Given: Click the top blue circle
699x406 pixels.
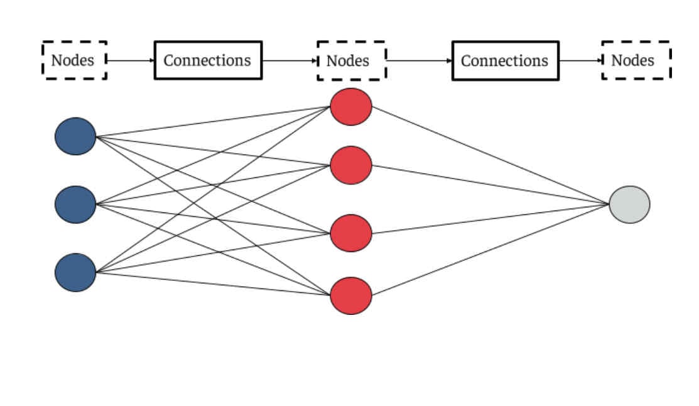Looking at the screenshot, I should [75, 136].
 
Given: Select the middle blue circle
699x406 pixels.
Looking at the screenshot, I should [75, 204].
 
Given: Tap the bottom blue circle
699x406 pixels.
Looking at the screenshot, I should [75, 272].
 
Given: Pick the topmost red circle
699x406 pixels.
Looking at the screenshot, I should [351, 107].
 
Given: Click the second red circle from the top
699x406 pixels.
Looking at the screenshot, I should [351, 165].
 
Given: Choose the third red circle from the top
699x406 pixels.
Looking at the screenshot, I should [351, 233].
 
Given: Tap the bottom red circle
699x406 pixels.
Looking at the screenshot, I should [351, 295].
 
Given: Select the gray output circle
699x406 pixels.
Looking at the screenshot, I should [629, 204].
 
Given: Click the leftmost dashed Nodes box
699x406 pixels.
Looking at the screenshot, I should [74, 60].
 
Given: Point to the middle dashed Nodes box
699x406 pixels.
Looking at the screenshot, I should [351, 61].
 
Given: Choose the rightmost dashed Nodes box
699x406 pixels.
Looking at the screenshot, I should [636, 60].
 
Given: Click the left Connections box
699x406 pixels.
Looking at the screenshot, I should [208, 60].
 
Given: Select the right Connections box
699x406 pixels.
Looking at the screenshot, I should [505, 61].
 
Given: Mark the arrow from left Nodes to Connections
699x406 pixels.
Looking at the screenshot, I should [130, 60].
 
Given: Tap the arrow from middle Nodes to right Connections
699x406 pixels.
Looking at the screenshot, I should [418, 61].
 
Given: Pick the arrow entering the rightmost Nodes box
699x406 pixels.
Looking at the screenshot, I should [580, 61].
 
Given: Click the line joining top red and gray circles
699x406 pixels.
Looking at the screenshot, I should [490, 155].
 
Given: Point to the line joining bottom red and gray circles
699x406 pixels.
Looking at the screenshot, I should [490, 250].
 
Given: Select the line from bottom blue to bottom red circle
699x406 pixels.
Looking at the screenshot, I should [214, 283].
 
